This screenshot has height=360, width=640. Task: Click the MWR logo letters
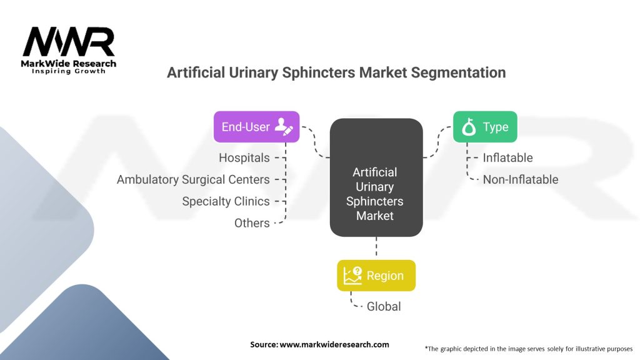click(69, 42)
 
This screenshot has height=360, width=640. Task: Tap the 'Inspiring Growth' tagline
click(69, 71)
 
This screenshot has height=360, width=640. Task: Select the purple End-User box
click(256, 127)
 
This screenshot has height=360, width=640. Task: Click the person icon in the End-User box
click(284, 127)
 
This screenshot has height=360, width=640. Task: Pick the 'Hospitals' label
click(244, 158)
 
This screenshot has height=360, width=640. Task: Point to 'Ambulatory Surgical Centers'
click(193, 179)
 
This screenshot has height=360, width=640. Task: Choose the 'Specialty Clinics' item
click(226, 201)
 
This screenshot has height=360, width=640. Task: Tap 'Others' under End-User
click(252, 223)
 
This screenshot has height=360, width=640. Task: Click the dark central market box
click(376, 178)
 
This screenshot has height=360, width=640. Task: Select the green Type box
click(484, 127)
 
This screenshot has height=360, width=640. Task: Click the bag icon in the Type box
click(469, 127)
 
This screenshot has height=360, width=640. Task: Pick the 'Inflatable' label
click(507, 158)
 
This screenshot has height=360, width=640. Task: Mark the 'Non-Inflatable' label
click(520, 179)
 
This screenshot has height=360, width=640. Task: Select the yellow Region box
click(376, 276)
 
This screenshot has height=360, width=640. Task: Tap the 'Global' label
click(384, 306)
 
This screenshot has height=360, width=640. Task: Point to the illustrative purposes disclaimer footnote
click(528, 348)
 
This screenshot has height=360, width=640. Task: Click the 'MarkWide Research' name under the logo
click(69, 64)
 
